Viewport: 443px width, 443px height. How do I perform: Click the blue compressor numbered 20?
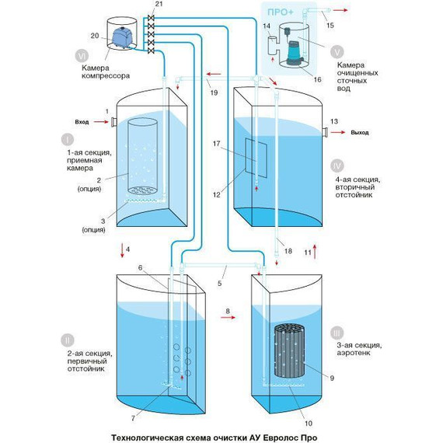(122, 37)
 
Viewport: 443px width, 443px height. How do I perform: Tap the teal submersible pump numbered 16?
(295, 53)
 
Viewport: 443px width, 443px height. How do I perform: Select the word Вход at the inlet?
(82, 122)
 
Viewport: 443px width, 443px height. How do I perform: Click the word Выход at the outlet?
(360, 132)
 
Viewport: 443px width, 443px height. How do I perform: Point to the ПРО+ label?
(281, 12)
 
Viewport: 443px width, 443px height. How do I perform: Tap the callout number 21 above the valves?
(159, 4)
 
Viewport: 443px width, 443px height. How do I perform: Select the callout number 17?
(216, 144)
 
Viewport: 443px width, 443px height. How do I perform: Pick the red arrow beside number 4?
(122, 249)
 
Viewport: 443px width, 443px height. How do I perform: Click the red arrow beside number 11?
(315, 252)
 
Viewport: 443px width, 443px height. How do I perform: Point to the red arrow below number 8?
(228, 318)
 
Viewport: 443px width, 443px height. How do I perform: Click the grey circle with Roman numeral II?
(68, 340)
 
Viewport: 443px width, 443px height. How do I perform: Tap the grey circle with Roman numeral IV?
(337, 166)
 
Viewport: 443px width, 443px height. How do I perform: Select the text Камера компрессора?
(106, 72)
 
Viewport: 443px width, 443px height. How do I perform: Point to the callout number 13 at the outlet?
(334, 121)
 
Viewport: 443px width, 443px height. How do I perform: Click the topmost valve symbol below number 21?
(151, 18)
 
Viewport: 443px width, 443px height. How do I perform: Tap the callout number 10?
(309, 423)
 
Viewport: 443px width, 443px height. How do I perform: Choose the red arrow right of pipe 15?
(340, 10)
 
